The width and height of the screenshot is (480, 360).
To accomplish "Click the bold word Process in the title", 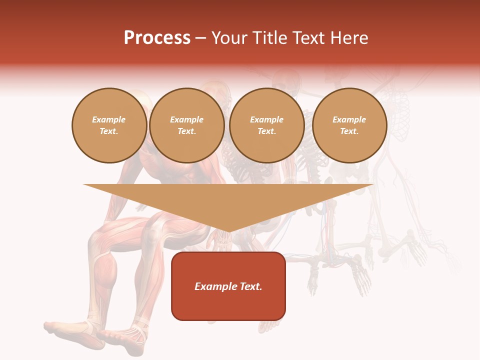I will (157, 37).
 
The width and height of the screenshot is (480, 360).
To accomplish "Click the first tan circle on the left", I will (109, 125).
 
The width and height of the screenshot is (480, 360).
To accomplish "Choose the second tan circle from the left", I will (187, 125).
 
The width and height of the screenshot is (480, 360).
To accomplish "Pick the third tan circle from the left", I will (266, 125).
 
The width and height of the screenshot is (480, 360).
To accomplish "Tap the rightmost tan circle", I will (349, 125).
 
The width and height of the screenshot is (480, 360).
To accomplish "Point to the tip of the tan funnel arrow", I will (229, 231).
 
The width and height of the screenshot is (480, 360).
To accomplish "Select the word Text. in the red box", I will (249, 286).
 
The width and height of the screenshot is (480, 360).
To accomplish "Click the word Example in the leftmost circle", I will (109, 120).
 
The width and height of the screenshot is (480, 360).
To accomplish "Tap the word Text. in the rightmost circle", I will (349, 131).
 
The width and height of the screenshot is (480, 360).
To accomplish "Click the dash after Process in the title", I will (200, 38).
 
